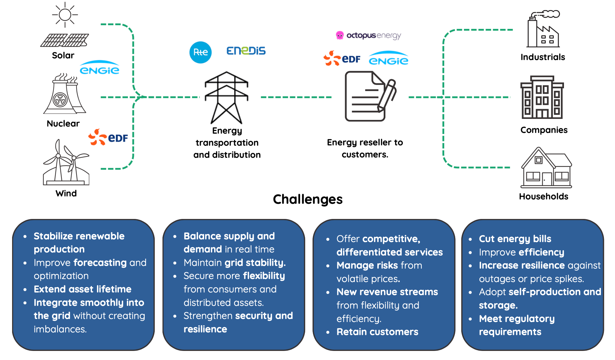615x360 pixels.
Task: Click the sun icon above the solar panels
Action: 65,15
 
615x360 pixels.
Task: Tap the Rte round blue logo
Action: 200,52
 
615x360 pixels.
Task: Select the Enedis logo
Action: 246,51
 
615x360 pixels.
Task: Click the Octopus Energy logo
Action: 369,35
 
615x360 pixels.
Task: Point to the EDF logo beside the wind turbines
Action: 108,137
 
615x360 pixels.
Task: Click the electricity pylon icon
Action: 227,97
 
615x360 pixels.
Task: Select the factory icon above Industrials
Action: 543,29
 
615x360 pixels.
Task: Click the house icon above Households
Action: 546,168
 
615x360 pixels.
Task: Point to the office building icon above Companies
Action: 542,97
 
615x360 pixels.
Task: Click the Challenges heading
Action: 307,199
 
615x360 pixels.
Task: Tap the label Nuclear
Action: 63,124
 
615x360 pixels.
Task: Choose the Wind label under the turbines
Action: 66,193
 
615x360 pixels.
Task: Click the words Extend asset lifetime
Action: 83,289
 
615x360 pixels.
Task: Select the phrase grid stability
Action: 255,263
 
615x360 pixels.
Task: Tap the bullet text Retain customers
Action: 377,332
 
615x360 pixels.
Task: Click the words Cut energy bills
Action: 515,239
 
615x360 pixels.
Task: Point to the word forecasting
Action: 100,263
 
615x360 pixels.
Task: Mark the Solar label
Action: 63,55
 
